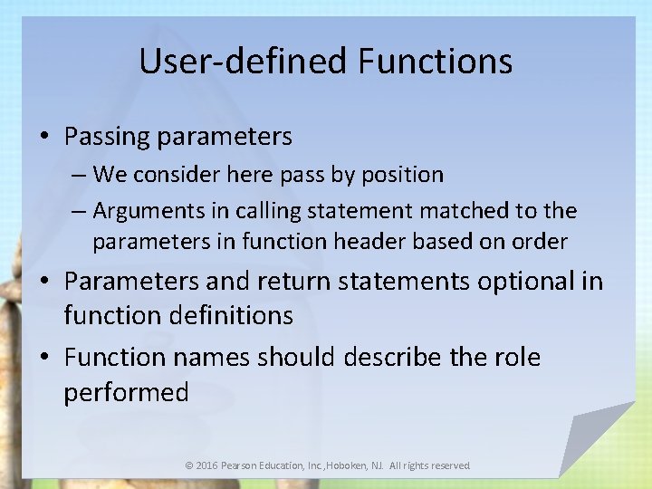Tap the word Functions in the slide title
(x=435, y=62)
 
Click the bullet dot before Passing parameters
(x=44, y=138)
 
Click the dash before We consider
(x=77, y=174)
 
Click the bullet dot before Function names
(x=44, y=359)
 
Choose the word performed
(x=126, y=392)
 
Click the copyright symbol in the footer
(x=188, y=465)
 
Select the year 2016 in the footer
(x=207, y=465)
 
